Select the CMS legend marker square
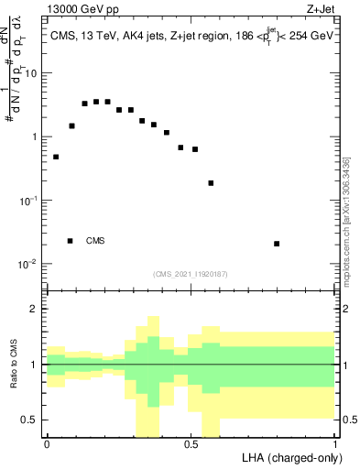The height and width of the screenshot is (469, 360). click(x=70, y=241)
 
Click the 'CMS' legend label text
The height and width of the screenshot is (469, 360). click(x=95, y=241)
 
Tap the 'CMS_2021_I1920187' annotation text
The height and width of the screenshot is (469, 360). click(x=191, y=272)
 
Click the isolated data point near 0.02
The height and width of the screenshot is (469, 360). click(x=277, y=244)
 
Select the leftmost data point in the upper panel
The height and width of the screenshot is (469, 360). click(x=56, y=157)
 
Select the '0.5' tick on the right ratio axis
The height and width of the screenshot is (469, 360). click(x=348, y=420)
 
